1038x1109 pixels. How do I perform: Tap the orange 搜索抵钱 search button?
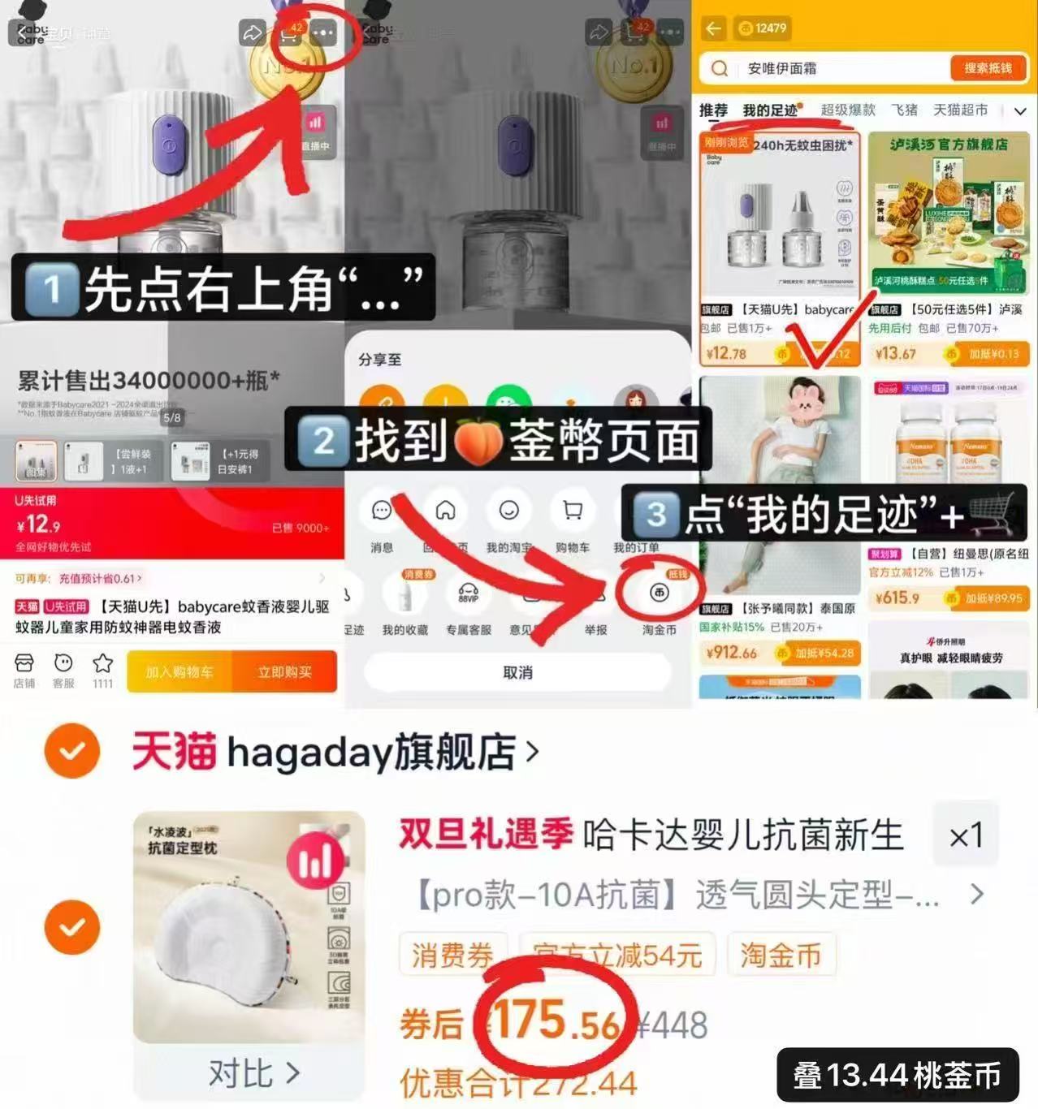988,68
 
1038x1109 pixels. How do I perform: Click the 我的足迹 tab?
769,110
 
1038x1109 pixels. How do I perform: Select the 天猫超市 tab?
960,110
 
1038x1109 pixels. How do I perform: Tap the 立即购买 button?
284,671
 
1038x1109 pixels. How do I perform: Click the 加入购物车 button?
179,671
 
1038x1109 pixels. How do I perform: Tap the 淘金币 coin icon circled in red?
659,593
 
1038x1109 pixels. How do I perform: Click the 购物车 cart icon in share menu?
573,511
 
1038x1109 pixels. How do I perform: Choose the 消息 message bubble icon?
382,511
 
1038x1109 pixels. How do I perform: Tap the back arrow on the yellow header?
713,28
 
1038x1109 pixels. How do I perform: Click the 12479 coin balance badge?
762,28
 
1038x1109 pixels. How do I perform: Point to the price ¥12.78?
726,353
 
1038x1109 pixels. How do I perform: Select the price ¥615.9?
897,598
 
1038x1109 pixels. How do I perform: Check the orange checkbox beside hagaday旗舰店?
72,751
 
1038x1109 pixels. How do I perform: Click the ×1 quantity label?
966,835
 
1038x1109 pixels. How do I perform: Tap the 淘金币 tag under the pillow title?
781,956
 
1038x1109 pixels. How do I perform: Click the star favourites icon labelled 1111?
102,664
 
